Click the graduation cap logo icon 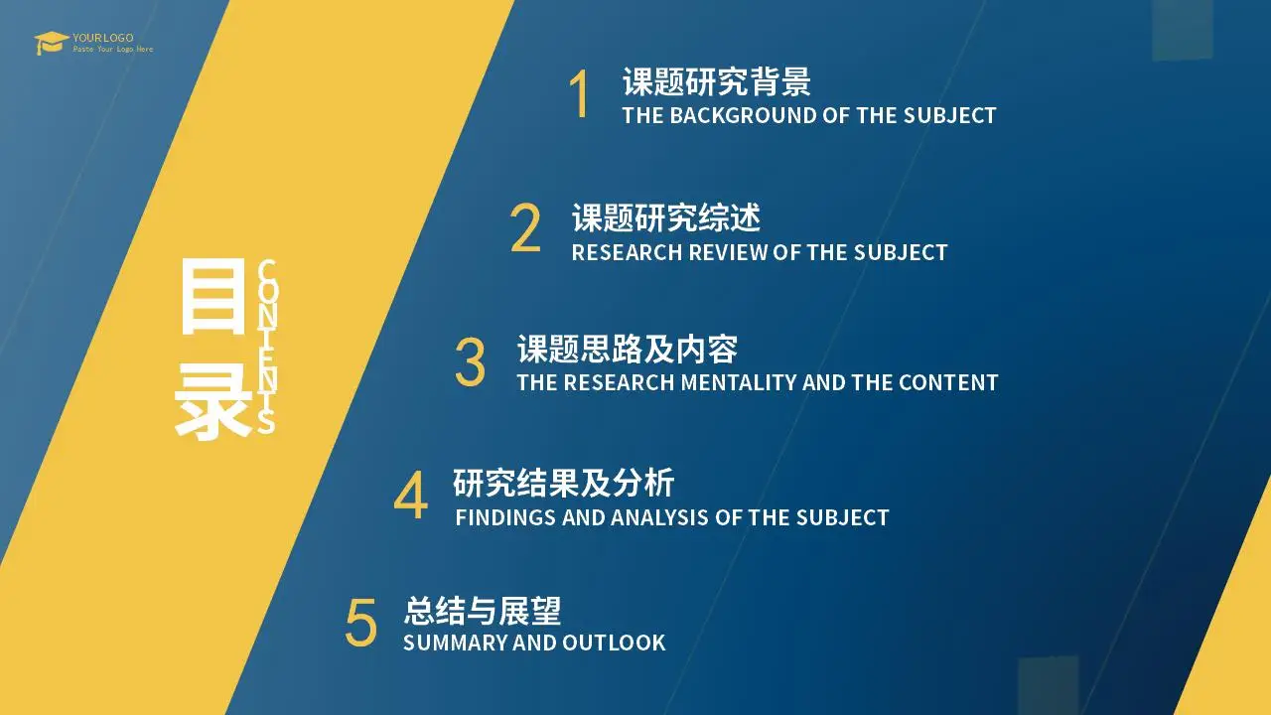(x=51, y=43)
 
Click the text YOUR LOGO (x=103, y=38)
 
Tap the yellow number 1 (x=579, y=93)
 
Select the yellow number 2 (x=525, y=227)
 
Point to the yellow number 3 (x=471, y=362)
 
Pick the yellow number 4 (x=410, y=495)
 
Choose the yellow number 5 (x=360, y=623)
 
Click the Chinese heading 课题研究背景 (x=717, y=81)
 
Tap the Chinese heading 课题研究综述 (x=665, y=217)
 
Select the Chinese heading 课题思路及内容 (x=627, y=349)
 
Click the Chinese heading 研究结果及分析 (x=563, y=483)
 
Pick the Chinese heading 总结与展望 (x=483, y=611)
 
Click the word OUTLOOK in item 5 (x=614, y=643)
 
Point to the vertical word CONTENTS (x=267, y=347)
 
